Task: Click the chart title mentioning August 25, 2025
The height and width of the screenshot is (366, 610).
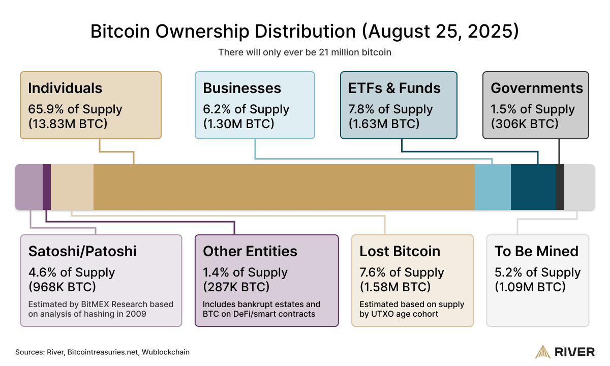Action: coord(304,31)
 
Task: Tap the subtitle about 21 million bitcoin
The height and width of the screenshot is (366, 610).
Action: coord(304,52)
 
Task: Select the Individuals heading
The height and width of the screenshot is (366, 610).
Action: coord(65,88)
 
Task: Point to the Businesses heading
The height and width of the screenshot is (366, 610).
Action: coord(242,88)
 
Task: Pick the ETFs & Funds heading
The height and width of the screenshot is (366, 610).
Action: coord(394,88)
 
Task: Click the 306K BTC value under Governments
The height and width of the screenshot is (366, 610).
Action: coord(525,124)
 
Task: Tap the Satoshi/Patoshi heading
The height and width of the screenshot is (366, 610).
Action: coord(82,251)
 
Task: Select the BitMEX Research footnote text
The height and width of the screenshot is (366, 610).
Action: coord(101,309)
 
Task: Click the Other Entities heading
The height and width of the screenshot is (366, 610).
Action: coord(250,251)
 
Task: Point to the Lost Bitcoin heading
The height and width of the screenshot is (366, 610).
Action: coord(400,251)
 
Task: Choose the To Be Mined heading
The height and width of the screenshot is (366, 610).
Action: coord(537,251)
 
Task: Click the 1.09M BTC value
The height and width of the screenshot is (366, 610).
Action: coord(530,287)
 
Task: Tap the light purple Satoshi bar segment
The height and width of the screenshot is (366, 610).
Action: coord(29,187)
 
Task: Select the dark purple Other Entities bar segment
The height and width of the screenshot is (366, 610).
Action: coord(47,187)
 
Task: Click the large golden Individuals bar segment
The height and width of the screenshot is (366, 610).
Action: coord(284,187)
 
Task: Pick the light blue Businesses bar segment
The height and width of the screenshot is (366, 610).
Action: coord(492,187)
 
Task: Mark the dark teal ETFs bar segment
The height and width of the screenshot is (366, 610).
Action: coord(533,187)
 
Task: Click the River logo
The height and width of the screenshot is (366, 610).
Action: coord(565,351)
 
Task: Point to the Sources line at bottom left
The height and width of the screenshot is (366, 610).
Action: coord(102,352)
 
